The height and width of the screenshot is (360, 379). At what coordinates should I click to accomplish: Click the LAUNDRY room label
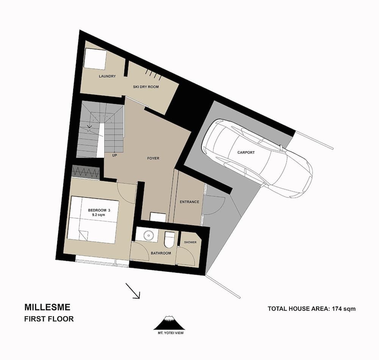pyautogui.click(x=107, y=76)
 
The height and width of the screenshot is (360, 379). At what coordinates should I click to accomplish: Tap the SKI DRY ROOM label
pyautogui.click(x=146, y=87)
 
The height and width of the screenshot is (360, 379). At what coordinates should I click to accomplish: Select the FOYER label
pyautogui.click(x=153, y=158)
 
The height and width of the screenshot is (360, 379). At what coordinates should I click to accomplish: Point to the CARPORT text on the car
pyautogui.click(x=246, y=152)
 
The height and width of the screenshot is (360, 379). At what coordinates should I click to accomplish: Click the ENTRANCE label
pyautogui.click(x=189, y=202)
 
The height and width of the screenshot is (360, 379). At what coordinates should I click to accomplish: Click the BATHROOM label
pyautogui.click(x=161, y=253)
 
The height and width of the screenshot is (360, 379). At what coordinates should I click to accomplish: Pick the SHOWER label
pyautogui.click(x=190, y=242)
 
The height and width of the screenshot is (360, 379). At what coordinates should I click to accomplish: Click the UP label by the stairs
pyautogui.click(x=114, y=155)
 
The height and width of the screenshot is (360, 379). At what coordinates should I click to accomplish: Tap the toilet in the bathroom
pyautogui.click(x=169, y=239)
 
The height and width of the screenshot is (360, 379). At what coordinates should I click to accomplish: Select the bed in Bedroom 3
pyautogui.click(x=93, y=220)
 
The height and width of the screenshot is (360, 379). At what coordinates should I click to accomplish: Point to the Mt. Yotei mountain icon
pyautogui.click(x=169, y=323)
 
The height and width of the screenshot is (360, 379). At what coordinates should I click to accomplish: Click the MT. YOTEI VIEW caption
pyautogui.click(x=169, y=334)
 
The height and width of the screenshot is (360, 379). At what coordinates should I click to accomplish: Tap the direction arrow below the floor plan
pyautogui.click(x=133, y=291)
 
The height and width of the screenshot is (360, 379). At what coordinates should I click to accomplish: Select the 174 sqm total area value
pyautogui.click(x=343, y=308)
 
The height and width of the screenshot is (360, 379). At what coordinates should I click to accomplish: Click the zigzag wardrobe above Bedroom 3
pyautogui.click(x=86, y=173)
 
